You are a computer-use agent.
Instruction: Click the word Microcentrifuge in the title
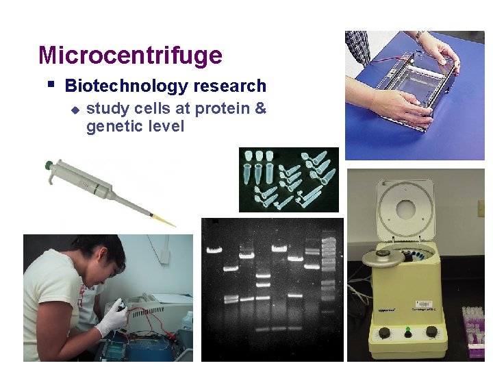[x=130, y=55]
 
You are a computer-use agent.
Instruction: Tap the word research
[x=229, y=86]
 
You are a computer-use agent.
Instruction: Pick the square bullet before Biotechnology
[x=51, y=85]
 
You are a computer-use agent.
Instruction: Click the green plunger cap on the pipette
[x=49, y=165]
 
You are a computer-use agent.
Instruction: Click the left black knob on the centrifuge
[x=385, y=333]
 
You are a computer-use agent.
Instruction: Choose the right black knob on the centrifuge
[x=431, y=332]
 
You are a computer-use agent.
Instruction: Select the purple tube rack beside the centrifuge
[x=475, y=329]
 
